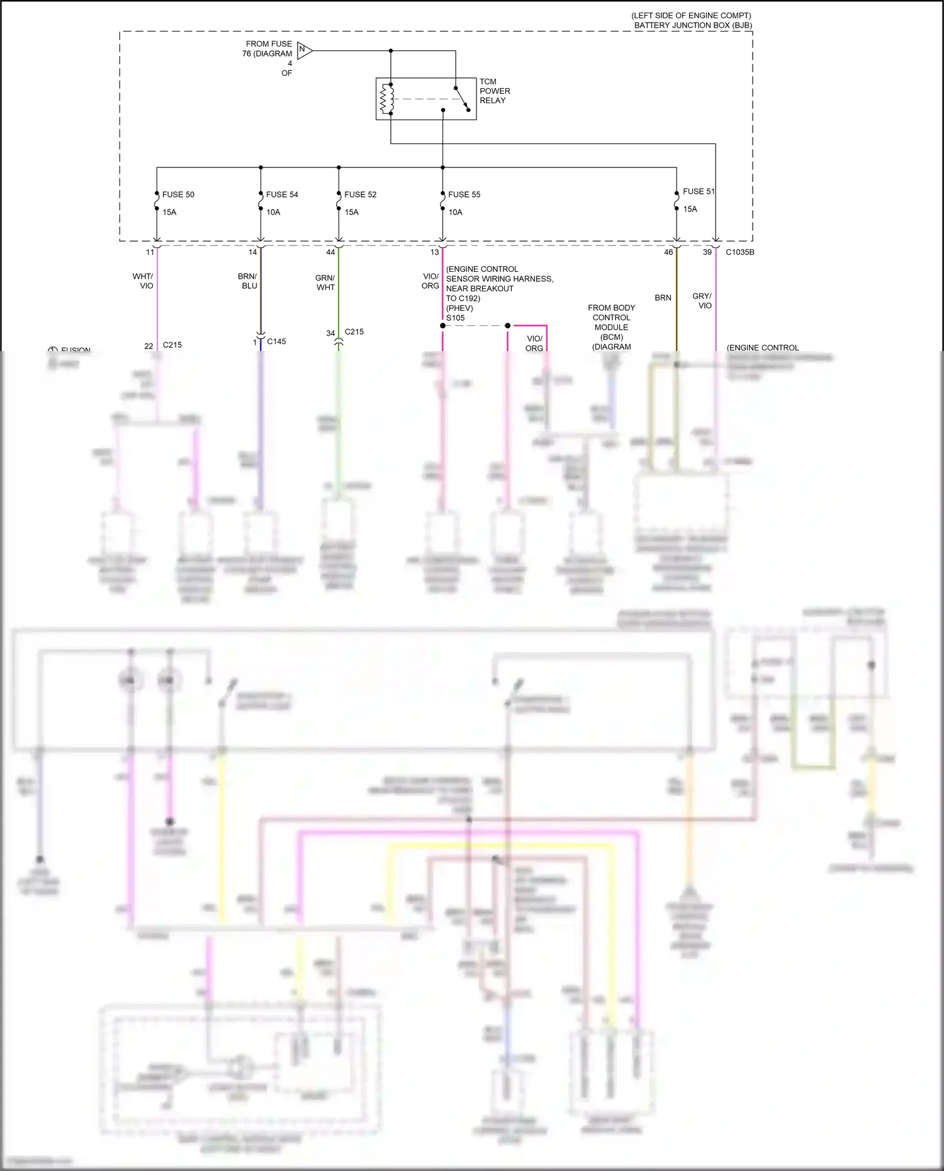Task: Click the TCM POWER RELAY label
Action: [494, 91]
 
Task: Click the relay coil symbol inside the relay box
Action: [386, 99]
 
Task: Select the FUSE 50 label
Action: [178, 194]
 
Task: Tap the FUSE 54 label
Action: [281, 194]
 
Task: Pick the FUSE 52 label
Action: [360, 194]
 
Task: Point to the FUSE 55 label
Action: [464, 194]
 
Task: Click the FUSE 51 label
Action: [699, 191]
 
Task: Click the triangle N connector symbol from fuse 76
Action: [305, 50]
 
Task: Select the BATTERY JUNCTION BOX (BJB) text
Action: [692, 25]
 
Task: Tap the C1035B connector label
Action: [739, 252]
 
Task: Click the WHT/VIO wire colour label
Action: [143, 281]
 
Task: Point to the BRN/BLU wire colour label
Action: [247, 281]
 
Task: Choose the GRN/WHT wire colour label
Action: [325, 283]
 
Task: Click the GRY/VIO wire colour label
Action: [702, 301]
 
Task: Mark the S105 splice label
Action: [456, 318]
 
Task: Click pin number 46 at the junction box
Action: [668, 252]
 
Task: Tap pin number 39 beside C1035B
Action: [707, 252]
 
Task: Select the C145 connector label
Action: [276, 342]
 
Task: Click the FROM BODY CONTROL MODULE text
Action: [611, 318]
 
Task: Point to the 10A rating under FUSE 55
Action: [455, 212]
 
